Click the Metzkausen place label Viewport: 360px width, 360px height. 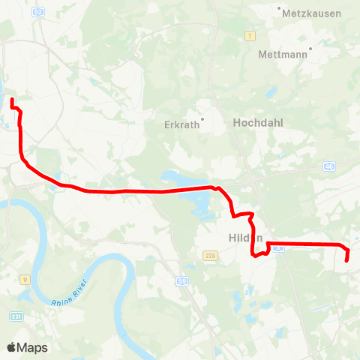tap(310, 13)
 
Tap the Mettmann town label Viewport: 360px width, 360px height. tap(283, 55)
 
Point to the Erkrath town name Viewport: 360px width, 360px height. tap(180, 125)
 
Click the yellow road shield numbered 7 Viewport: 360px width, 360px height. tap(251, 34)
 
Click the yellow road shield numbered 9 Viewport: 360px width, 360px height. tap(25, 280)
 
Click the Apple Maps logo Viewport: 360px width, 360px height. tap(27, 347)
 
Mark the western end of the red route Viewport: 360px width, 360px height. tap(12, 99)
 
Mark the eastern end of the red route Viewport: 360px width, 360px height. tap(347, 260)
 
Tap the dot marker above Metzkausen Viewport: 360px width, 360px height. tap(280, 8)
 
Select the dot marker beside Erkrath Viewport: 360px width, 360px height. tap(201, 118)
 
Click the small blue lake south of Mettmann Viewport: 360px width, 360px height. tap(271, 92)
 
